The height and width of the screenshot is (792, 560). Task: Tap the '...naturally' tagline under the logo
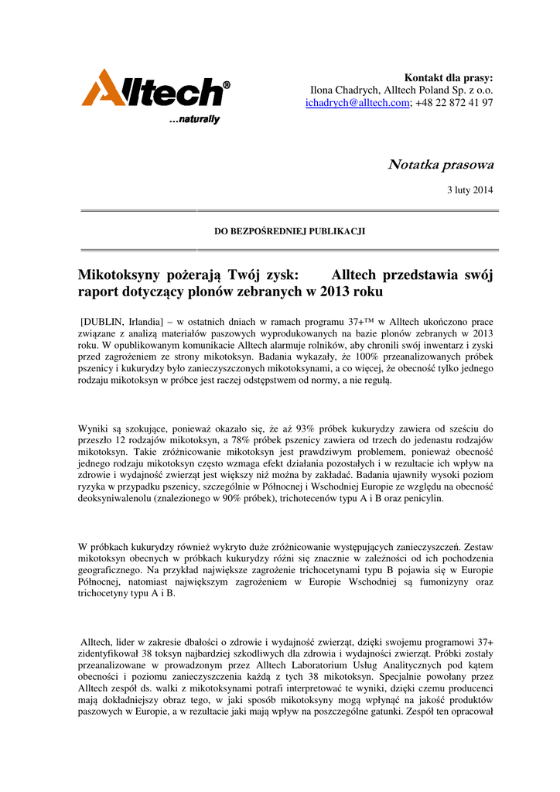pyautogui.click(x=194, y=120)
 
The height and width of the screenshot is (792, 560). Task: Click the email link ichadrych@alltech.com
pyautogui.click(x=357, y=103)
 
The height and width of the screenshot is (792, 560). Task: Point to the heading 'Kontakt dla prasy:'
pyautogui.click(x=449, y=78)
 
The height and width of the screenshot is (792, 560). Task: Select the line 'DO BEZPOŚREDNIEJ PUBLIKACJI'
pyautogui.click(x=289, y=230)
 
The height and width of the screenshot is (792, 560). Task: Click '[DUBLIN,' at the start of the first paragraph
pyautogui.click(x=104, y=321)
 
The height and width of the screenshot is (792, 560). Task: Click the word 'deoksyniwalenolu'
pyautogui.click(x=117, y=499)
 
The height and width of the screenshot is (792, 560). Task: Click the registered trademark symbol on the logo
pyautogui.click(x=226, y=84)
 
